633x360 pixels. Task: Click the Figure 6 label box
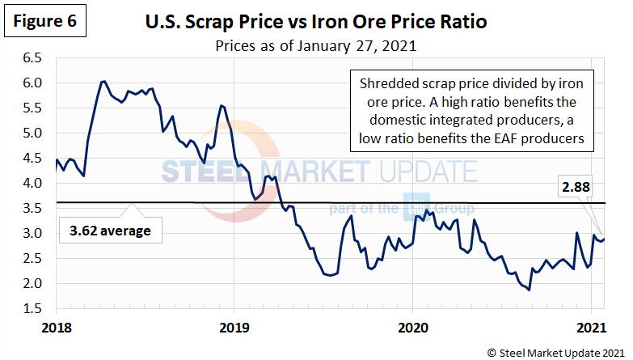click(x=44, y=21)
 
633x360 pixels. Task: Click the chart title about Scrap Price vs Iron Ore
click(x=316, y=19)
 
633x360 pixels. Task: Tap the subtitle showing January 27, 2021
click(x=316, y=45)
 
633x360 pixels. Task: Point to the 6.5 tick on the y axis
click(x=32, y=58)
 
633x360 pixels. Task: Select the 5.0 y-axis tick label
click(x=32, y=133)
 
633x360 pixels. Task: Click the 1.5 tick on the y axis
click(x=32, y=309)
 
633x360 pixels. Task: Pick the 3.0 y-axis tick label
click(x=32, y=234)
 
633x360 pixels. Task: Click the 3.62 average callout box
click(x=111, y=231)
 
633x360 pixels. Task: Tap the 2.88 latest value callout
click(x=576, y=188)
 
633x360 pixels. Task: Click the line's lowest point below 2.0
click(x=530, y=290)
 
